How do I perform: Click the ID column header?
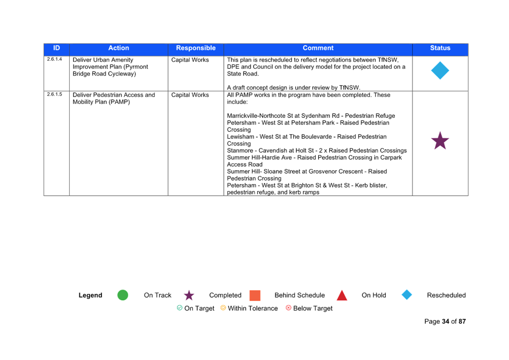pos(56,48)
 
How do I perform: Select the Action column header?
pos(118,48)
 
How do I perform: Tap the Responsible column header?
pos(196,48)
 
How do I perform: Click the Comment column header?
pos(318,48)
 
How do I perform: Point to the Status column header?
pos(440,48)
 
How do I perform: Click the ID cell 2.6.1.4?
pos(54,59)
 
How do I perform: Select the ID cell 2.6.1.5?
pos(54,94)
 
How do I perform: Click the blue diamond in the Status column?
pos(440,70)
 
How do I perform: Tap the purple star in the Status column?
pos(440,141)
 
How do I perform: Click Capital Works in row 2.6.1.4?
pos(190,60)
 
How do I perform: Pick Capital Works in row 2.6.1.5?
pos(190,95)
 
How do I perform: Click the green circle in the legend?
pos(123,295)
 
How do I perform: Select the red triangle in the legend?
pos(342,295)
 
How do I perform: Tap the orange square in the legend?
pos(255,295)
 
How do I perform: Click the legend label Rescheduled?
pos(446,295)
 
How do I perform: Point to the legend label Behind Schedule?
pos(300,295)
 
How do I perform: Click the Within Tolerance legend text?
pos(253,308)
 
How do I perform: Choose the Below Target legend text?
pos(313,308)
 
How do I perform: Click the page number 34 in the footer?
pos(446,322)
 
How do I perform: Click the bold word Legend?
pos(90,295)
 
